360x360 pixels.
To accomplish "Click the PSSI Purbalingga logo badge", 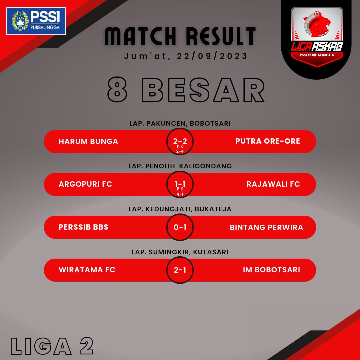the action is [x=36, y=21].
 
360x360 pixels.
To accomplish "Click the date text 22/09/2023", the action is [x=212, y=56].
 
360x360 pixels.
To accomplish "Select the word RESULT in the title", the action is [x=221, y=36].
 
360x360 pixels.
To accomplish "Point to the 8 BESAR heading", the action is [x=186, y=90].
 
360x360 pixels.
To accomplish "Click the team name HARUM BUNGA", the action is [x=88, y=141].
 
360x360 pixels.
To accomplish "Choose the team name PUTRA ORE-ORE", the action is [x=268, y=141].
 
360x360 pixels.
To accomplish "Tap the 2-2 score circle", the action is [x=180, y=141].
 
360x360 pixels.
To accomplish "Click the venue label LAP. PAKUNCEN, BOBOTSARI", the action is [x=180, y=123].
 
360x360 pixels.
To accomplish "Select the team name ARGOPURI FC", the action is [x=85, y=184].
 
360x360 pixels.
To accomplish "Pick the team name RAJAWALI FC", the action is [x=273, y=184].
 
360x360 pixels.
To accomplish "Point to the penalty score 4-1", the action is [x=180, y=194].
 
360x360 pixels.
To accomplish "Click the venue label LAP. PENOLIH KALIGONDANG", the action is [x=180, y=166].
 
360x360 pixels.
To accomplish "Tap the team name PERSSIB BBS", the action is [x=84, y=227].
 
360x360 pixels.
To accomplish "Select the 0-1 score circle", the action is [x=180, y=227].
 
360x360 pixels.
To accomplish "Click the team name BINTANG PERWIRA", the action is [x=266, y=227].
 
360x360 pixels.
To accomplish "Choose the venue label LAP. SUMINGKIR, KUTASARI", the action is [x=180, y=252].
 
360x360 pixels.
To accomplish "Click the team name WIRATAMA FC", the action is [x=87, y=270].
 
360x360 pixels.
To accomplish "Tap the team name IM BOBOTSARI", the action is [x=271, y=270].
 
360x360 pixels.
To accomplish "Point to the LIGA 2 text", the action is [x=52, y=346].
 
